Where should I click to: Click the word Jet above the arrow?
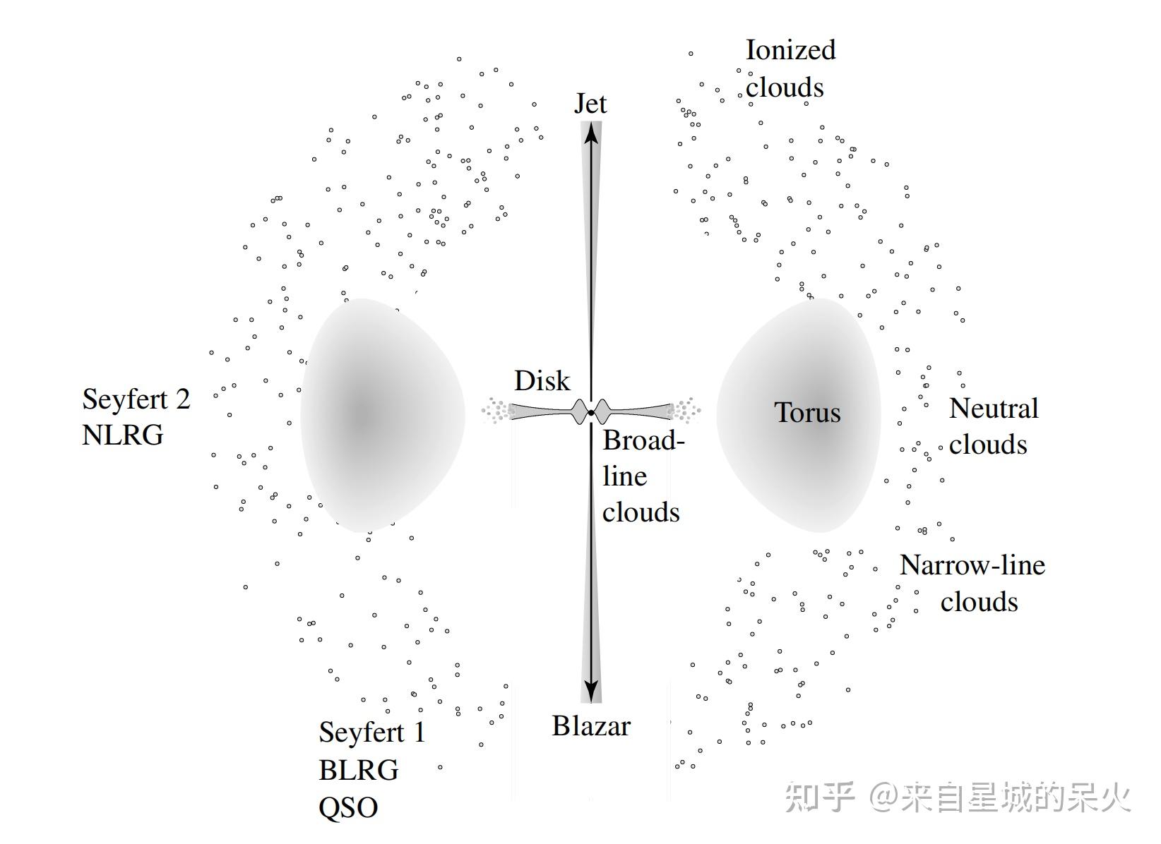590,104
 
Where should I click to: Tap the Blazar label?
591,725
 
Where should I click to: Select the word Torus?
807,412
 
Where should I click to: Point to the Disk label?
542,380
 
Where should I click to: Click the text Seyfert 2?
136,400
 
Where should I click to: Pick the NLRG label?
123,435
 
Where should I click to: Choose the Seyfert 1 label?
372,733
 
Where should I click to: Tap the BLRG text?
359,770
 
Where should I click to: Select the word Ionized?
790,50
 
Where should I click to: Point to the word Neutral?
994,408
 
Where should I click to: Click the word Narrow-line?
972,565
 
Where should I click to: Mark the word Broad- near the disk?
644,440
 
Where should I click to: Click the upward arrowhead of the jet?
591,133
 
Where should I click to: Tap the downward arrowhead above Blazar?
591,692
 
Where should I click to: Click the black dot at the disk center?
591,413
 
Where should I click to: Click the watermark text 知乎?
819,797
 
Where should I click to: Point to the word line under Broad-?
624,476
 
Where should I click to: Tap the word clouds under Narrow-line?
979,602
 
